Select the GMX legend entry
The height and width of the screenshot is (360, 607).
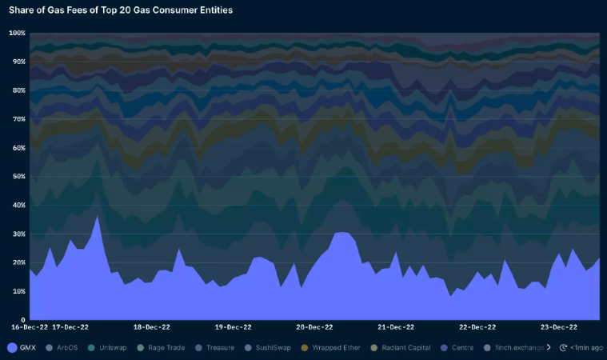click(23, 348)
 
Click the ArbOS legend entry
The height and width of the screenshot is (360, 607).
click(66, 348)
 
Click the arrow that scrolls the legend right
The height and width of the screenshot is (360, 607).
click(549, 348)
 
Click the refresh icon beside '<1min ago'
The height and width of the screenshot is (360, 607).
click(565, 348)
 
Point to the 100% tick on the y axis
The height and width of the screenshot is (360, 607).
click(17, 34)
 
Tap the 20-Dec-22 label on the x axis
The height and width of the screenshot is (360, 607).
click(314, 327)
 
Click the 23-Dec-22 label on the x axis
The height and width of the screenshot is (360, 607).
click(559, 327)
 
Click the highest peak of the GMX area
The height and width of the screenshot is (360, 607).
click(98, 216)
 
